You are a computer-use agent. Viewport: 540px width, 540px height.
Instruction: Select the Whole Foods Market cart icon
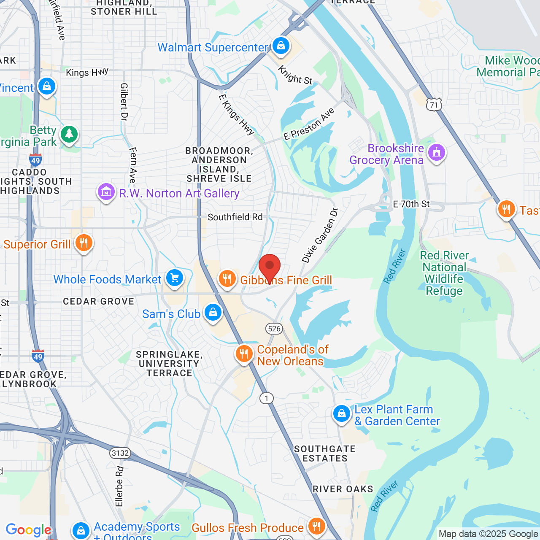point(175,278)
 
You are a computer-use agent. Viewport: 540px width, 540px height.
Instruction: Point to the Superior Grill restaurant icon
point(84,243)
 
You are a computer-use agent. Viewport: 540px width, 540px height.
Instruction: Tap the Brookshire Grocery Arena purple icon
point(436,152)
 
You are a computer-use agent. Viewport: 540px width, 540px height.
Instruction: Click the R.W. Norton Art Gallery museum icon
point(106,192)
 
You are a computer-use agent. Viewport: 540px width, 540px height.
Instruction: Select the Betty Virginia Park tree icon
point(69,135)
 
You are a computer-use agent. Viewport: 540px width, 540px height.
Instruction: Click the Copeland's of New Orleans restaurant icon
point(244,354)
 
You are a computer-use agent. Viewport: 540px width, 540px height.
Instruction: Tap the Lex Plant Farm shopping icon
point(341,414)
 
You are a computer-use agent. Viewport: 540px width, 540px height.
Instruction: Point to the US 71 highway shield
point(434,104)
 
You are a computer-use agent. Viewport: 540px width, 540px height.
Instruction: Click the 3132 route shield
point(120,453)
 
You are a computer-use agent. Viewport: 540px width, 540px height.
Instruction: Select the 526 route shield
point(274,329)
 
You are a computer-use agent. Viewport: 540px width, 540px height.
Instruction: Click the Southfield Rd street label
point(235,217)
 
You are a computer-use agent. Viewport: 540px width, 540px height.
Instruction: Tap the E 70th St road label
point(411,204)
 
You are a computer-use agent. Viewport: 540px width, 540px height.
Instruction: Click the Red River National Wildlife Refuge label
point(444,273)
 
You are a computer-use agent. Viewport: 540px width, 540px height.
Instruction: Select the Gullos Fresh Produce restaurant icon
point(316,526)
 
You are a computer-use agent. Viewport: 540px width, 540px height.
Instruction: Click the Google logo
point(28,530)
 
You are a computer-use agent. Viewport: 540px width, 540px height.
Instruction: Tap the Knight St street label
point(295,75)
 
